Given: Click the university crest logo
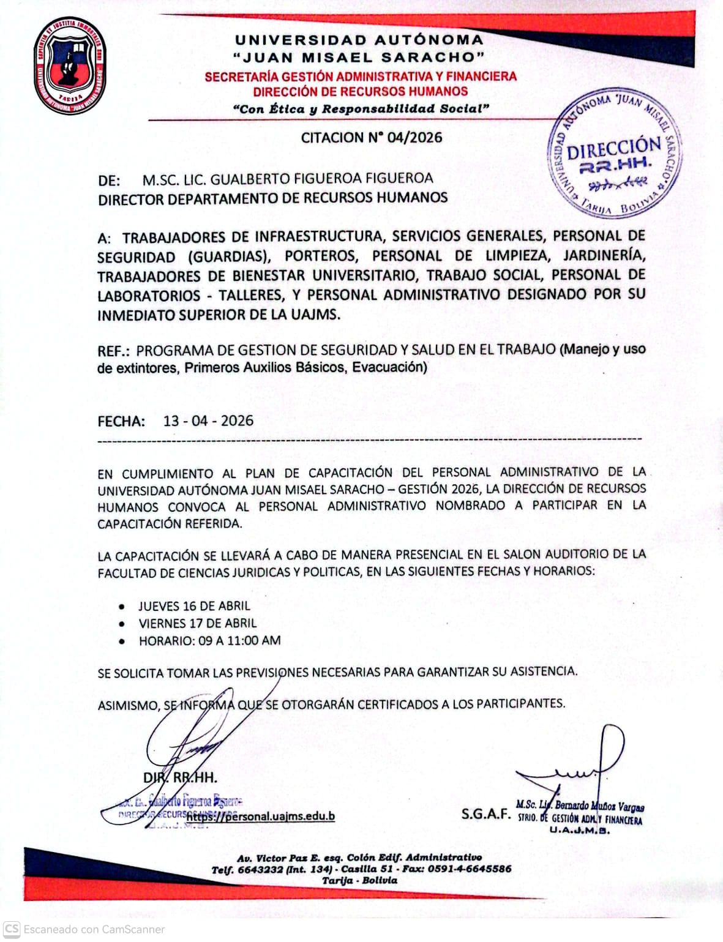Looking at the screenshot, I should point(69,66).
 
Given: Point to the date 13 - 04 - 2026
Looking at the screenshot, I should point(208,421).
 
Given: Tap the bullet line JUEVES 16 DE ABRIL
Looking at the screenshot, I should point(194,606).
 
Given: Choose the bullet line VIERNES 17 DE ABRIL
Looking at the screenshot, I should point(197,623).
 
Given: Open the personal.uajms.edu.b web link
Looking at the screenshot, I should point(261,816).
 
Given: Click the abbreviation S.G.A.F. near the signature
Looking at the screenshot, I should point(486,814).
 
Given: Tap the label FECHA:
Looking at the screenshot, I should point(121,421).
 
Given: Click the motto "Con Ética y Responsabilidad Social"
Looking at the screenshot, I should point(361,109).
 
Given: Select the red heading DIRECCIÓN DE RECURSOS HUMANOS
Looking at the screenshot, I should point(361,92).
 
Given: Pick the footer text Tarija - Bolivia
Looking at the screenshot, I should point(360,880).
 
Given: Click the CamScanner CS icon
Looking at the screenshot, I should point(12,929).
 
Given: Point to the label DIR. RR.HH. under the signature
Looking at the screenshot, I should point(180,778).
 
